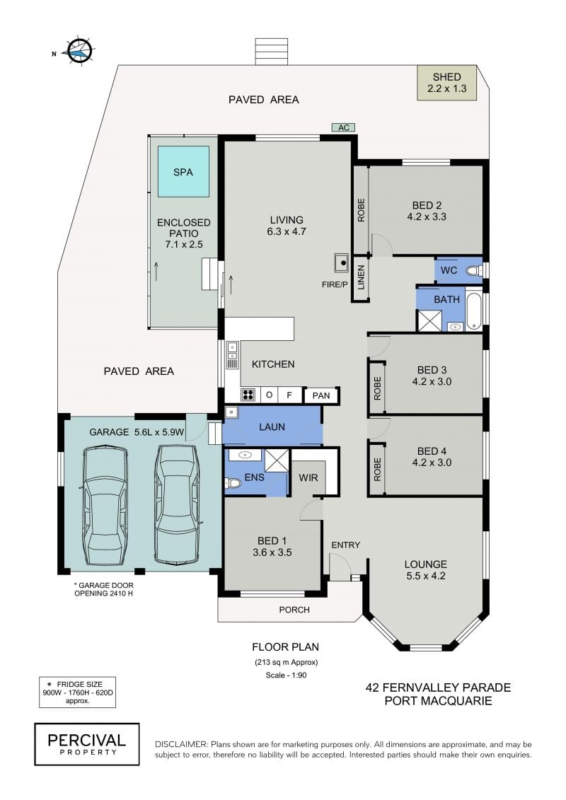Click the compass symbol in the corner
80,51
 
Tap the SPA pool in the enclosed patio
183,172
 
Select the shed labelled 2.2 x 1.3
446,83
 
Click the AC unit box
343,127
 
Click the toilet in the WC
474,270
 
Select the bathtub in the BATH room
473,311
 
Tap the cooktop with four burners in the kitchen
248,395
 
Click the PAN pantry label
321,395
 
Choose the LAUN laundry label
272,427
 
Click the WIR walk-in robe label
308,477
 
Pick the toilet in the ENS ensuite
233,482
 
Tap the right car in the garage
177,504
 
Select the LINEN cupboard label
361,277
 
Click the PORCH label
294,610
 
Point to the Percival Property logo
87,744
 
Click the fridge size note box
78,692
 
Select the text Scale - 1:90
287,675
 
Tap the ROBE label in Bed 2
362,209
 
